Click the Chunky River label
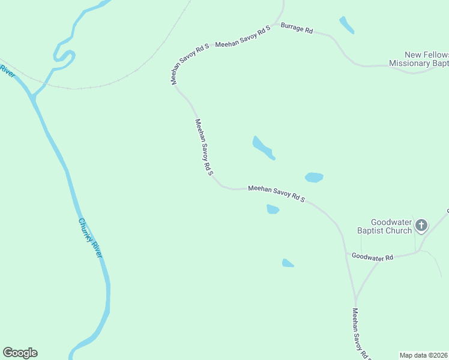91,238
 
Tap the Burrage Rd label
297,29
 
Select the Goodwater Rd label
372,257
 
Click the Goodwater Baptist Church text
391,226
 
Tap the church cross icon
421,226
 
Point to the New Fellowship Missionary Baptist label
418,59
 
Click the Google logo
20,353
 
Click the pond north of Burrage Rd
346,25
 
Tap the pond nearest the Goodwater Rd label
288,263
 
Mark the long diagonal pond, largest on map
263,148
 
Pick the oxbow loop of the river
64,55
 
